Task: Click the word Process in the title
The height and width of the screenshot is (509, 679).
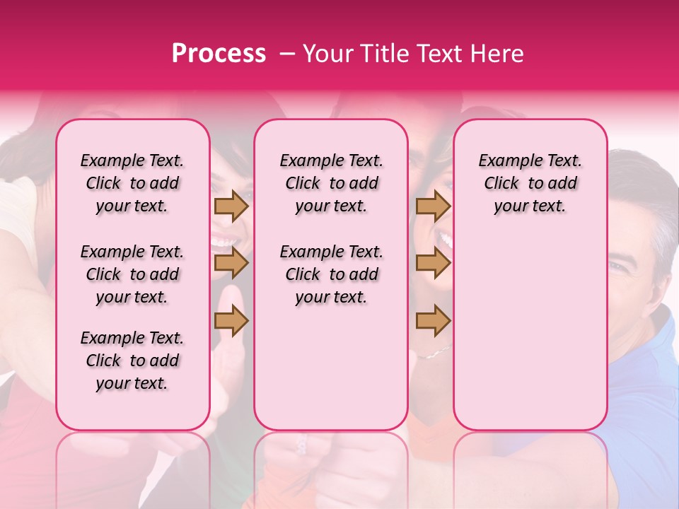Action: (x=219, y=54)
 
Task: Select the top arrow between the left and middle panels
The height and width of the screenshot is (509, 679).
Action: (x=231, y=206)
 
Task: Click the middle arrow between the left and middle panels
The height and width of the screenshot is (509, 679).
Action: (x=231, y=263)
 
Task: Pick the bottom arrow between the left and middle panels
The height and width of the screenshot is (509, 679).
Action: (x=231, y=320)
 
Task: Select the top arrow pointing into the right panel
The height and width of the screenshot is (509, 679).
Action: (x=433, y=206)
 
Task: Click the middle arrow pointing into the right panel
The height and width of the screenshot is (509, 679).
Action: (x=433, y=263)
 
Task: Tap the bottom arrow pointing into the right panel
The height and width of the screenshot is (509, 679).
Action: (x=433, y=320)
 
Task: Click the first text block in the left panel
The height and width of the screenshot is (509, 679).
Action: (x=132, y=183)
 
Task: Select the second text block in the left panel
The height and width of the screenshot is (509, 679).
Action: (x=132, y=274)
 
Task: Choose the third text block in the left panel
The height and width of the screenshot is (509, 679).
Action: (x=132, y=361)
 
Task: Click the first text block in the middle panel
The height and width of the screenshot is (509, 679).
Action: (x=331, y=183)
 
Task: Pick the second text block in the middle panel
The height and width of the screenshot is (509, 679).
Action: (x=331, y=274)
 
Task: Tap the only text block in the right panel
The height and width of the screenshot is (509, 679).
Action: (x=530, y=183)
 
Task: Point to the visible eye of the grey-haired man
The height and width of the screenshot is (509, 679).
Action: (x=617, y=267)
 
